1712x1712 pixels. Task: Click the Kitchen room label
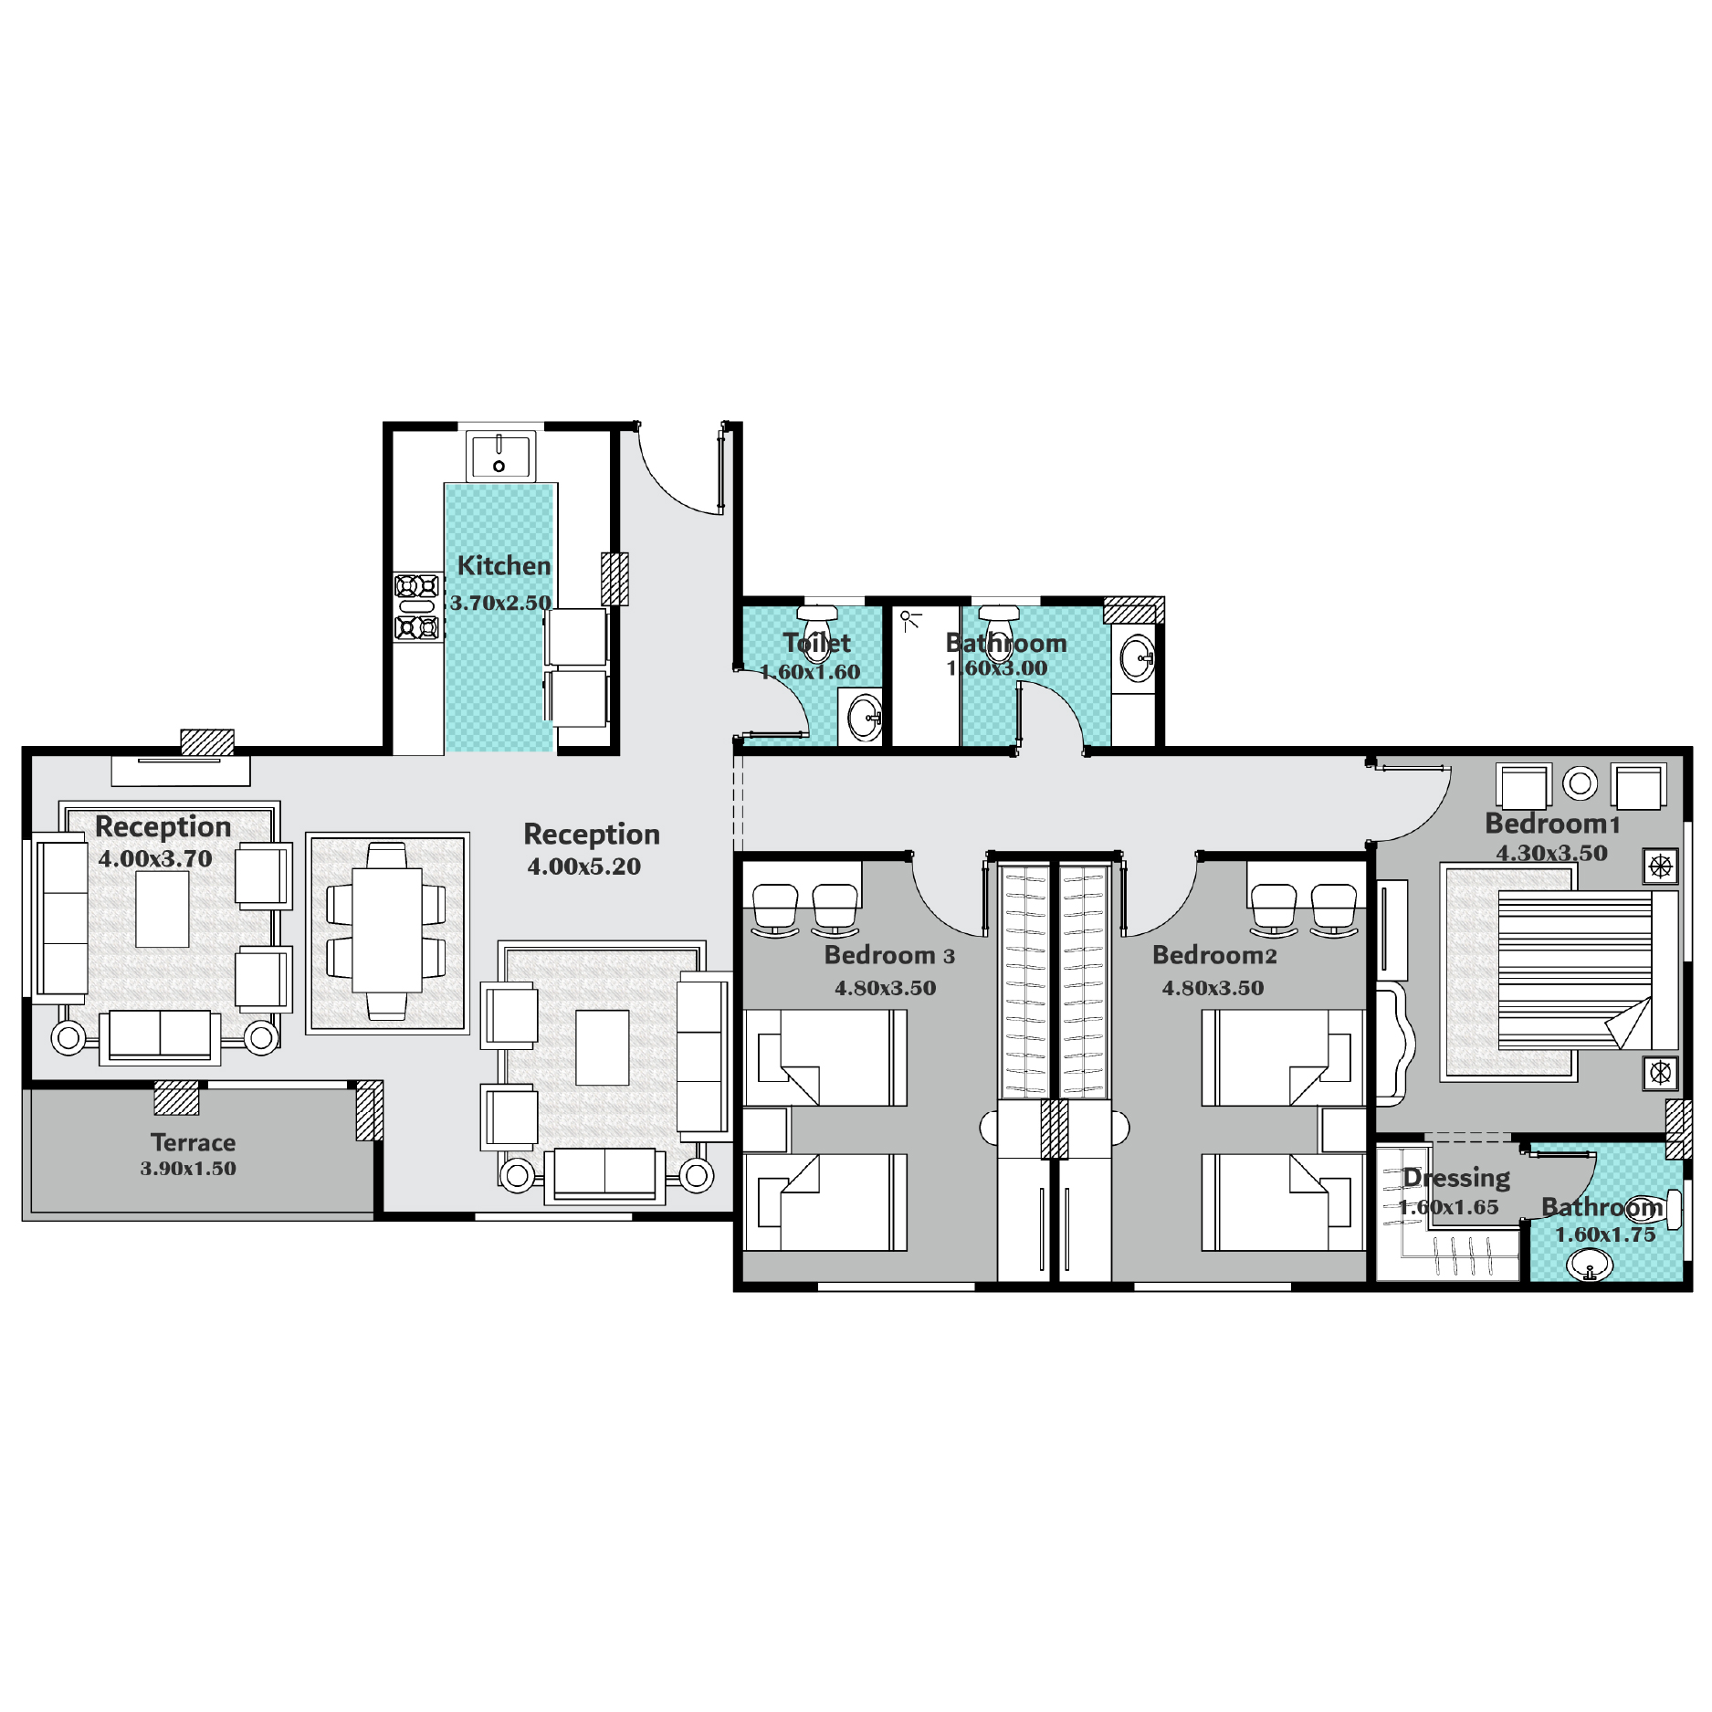(503, 565)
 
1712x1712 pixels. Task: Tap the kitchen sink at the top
(499, 455)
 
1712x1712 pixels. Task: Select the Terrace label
(193, 1142)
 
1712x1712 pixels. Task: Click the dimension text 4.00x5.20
(584, 867)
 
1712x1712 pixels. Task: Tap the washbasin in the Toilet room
(864, 717)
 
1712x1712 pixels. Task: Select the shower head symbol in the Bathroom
(909, 620)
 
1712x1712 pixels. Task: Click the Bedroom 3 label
(889, 955)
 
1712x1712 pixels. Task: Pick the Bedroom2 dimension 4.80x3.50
(1213, 988)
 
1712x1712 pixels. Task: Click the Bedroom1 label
(1552, 824)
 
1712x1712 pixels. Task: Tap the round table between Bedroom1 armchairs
(1580, 782)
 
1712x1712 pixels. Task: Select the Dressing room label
(1456, 1178)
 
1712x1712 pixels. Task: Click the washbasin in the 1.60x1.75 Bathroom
(1590, 1266)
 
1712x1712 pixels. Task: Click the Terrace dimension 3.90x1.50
(188, 1169)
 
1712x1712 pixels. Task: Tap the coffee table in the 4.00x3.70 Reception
(163, 909)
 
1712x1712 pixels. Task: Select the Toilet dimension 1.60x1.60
(810, 672)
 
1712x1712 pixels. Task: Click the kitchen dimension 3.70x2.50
(500, 603)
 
